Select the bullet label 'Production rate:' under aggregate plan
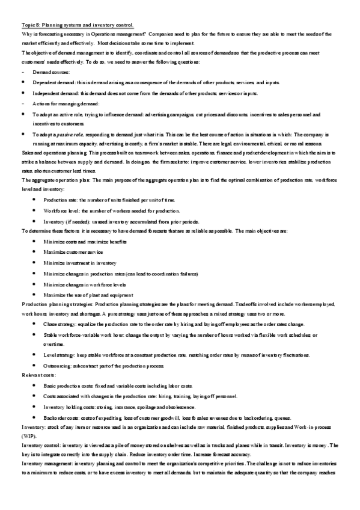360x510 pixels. [x=60, y=199]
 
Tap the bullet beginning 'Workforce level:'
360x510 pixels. [x=61, y=210]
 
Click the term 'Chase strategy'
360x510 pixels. [x=58, y=324]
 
